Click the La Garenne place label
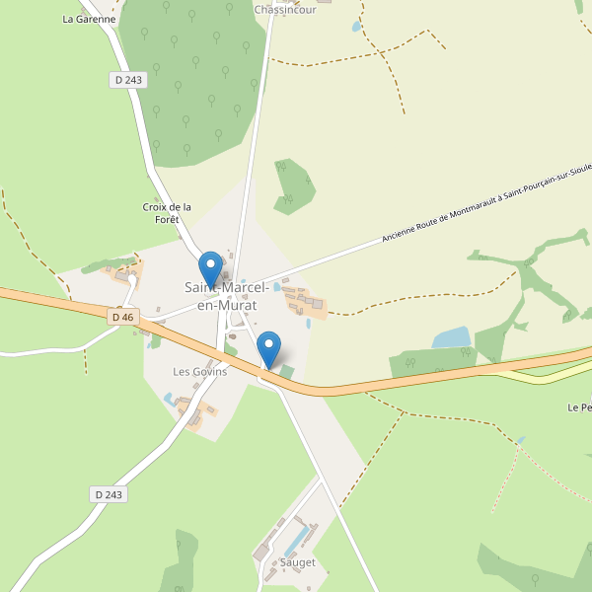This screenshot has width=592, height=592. [x=89, y=19]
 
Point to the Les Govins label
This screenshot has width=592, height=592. [x=200, y=372]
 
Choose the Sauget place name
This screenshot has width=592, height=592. [x=297, y=562]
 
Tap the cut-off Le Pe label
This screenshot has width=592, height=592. [x=579, y=407]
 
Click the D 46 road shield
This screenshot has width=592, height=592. [x=122, y=317]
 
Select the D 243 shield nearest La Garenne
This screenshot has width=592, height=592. [x=128, y=80]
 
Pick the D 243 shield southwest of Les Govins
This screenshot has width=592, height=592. [x=111, y=494]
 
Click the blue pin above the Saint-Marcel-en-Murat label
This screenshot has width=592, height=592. [x=210, y=268]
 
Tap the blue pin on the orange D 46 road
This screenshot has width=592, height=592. [x=268, y=349]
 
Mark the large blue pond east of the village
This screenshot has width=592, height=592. [x=451, y=337]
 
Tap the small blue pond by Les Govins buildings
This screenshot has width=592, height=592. [x=169, y=399]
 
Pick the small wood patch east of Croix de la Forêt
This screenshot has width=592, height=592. [x=293, y=185]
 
